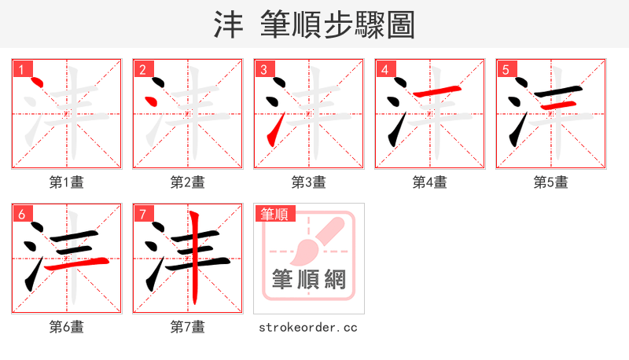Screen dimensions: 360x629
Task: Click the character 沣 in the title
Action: point(229,24)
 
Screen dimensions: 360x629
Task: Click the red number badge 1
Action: point(21,70)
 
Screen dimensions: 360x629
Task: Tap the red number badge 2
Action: point(142,70)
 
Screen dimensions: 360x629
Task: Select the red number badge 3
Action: point(263,70)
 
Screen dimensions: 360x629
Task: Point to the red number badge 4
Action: point(384,70)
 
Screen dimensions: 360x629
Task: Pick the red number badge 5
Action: point(506,70)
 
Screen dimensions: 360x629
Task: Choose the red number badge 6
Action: point(21,214)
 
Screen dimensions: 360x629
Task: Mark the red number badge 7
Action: point(142,214)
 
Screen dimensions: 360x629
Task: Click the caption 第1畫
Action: point(66,182)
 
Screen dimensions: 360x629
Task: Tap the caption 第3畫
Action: point(308,182)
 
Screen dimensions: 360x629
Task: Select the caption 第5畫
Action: point(550,182)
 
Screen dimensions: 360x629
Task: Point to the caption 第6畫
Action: point(66,326)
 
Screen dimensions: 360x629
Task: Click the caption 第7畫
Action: point(187,326)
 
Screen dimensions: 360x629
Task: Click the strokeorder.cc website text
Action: point(308,326)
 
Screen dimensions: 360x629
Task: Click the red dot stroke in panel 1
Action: point(34,82)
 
